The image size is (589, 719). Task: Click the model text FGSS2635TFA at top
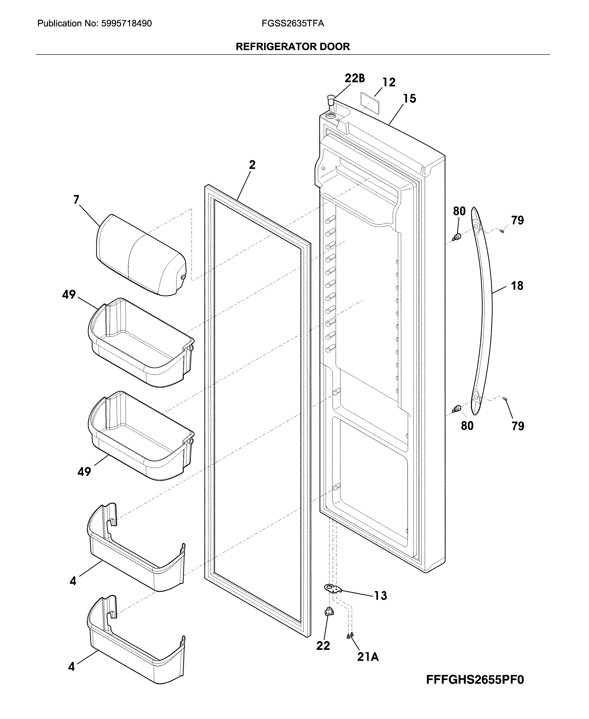(x=293, y=23)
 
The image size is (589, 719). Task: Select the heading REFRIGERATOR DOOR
(x=293, y=46)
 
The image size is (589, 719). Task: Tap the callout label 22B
(x=355, y=78)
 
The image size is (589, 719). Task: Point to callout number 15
(x=410, y=99)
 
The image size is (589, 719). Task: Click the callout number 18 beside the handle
(x=517, y=286)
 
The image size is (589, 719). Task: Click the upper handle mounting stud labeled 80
(x=457, y=237)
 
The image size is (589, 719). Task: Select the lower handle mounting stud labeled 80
(x=457, y=408)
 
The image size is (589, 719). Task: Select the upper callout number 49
(x=69, y=295)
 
